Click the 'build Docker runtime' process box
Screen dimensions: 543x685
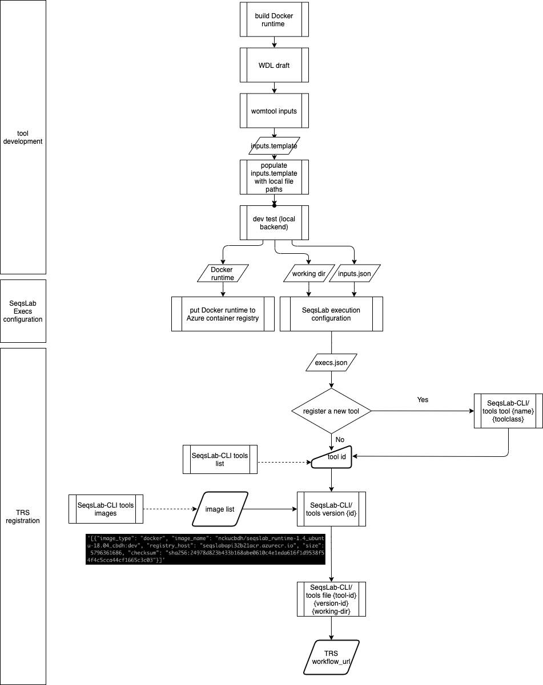tap(274, 19)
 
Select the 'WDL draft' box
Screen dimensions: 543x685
tap(274, 65)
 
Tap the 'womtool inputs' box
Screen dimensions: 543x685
tap(274, 111)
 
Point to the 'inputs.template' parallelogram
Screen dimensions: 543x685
tap(274, 146)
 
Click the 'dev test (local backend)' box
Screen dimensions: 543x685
tap(274, 222)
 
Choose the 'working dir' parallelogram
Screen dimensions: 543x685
tap(309, 273)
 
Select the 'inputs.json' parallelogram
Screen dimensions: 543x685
tap(355, 273)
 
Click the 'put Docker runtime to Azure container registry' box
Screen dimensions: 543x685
tap(223, 314)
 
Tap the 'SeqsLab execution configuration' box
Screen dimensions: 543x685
tap(331, 314)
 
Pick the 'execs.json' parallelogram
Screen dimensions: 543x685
tap(331, 362)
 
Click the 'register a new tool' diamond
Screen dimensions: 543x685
tap(331, 411)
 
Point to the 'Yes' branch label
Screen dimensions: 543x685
tap(423, 399)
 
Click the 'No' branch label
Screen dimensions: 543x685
tap(340, 440)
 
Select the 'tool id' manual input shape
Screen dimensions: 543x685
tap(331, 457)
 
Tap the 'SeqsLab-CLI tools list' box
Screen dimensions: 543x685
tap(220, 459)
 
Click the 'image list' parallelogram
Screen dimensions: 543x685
tap(220, 509)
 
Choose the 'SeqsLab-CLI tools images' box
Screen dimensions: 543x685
tap(106, 509)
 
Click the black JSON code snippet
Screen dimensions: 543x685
tap(206, 549)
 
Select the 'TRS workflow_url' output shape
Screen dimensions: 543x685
tap(331, 657)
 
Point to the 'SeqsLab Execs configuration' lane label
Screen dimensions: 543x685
tap(23, 311)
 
